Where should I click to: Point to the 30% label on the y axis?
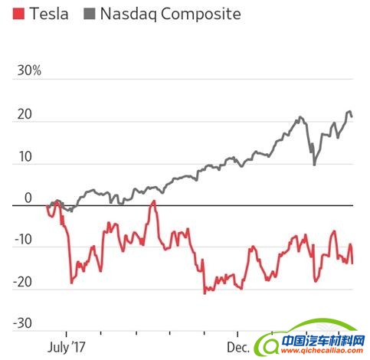coord(28,71)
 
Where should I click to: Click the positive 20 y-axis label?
coord(24,115)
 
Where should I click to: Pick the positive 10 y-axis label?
coord(24,157)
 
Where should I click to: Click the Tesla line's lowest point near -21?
coord(205,293)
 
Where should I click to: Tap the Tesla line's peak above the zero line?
coord(154,201)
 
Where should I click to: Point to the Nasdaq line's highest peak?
coord(349,112)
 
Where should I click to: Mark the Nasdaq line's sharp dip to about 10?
coord(314,164)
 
